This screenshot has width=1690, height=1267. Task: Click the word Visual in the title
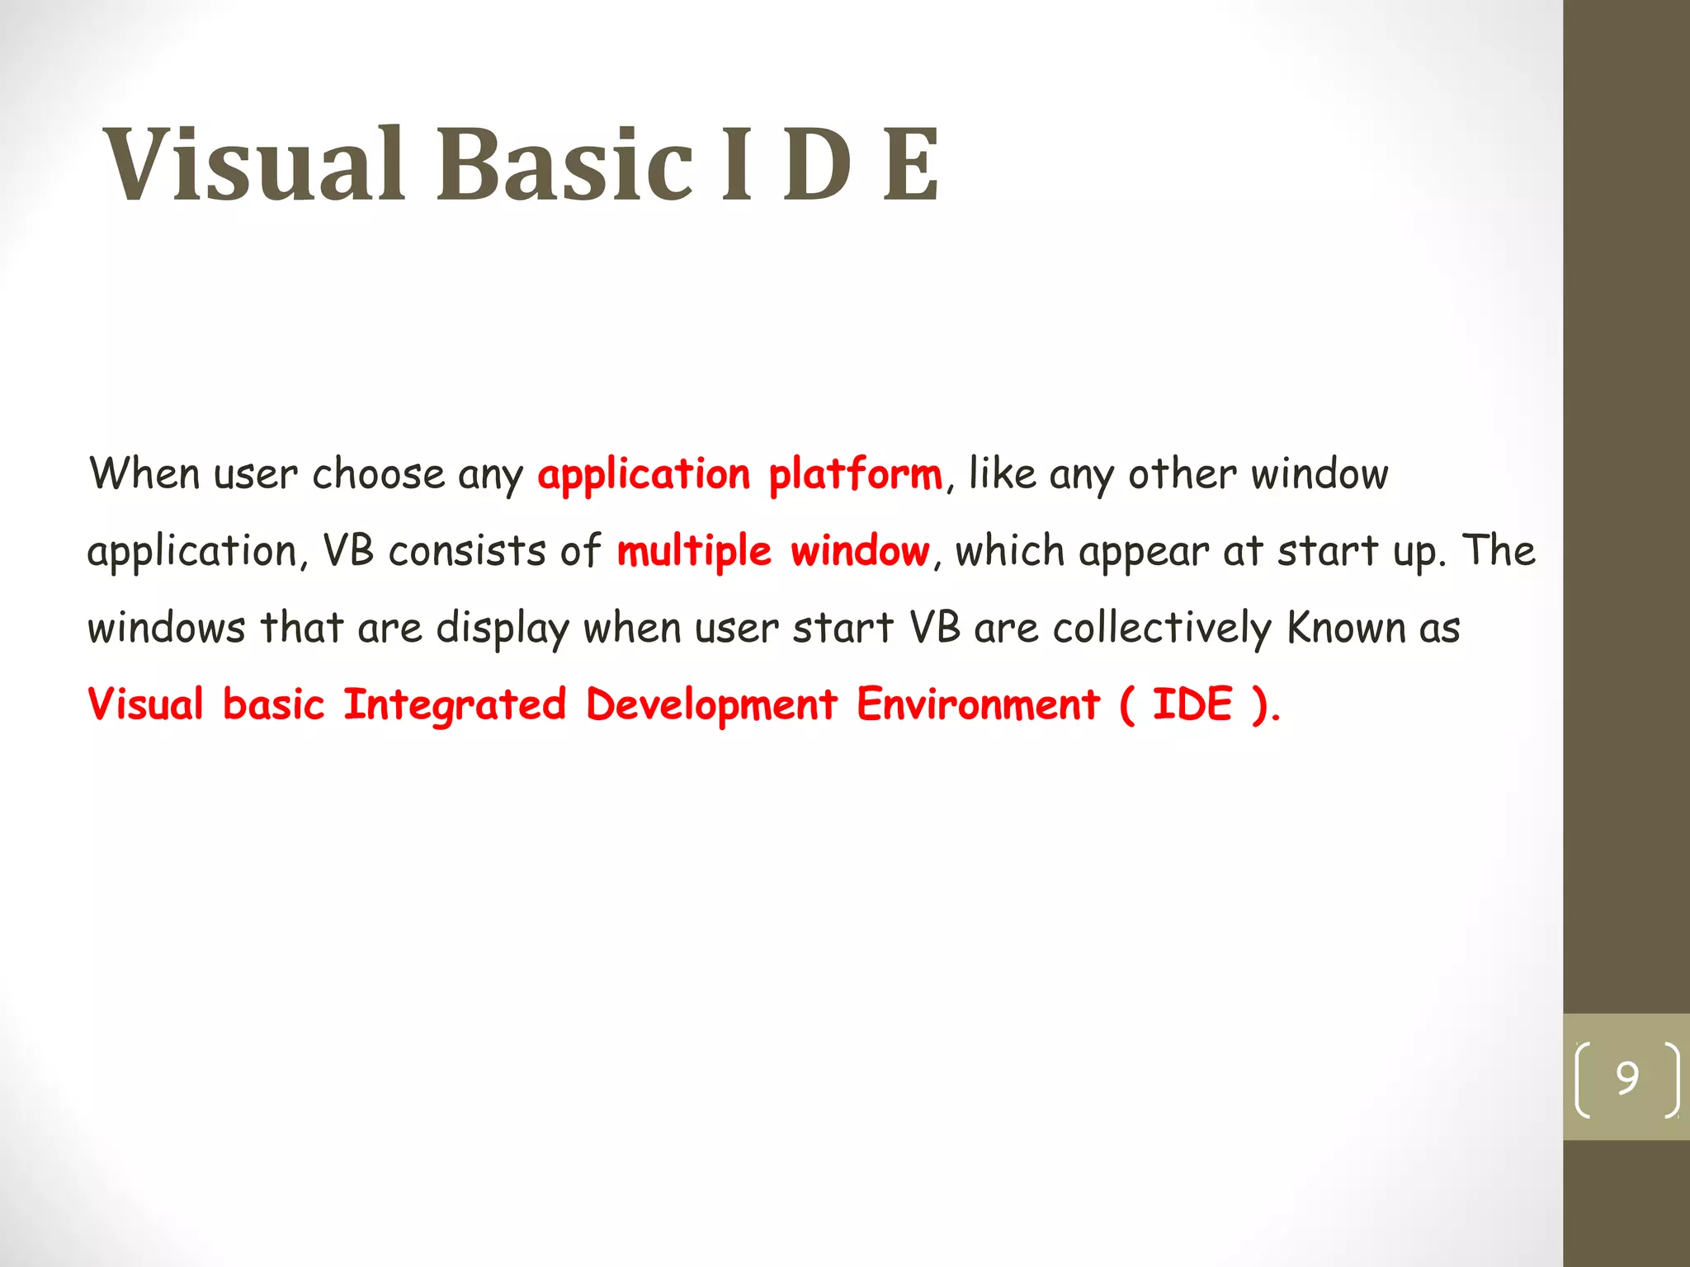254,165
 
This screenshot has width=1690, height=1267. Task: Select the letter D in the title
817,165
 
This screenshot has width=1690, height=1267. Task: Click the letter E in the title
910,165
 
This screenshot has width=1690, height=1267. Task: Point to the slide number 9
1626,1078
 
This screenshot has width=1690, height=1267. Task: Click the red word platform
855,475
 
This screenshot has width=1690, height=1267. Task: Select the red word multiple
693,551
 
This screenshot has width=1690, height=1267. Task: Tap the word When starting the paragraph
144,474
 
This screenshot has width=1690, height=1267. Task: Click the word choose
379,474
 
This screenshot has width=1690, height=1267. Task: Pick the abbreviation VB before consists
347,551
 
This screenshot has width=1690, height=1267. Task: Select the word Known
1346,629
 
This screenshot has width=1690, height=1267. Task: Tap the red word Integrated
455,705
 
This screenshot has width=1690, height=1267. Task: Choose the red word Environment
978,705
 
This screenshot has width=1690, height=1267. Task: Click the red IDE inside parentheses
1192,705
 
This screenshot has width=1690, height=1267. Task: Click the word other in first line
1182,474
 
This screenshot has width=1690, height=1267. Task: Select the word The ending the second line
1499,551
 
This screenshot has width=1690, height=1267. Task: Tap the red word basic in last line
273,705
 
